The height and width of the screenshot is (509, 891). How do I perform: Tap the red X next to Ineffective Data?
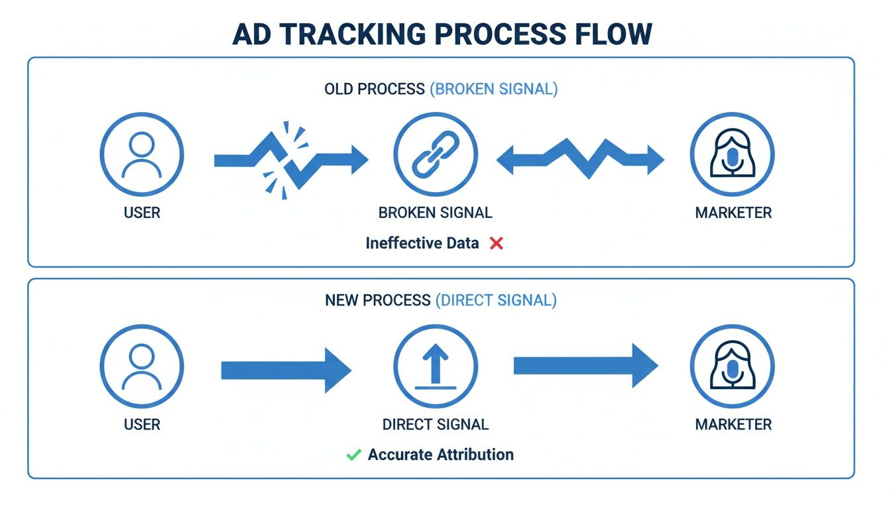[496, 243]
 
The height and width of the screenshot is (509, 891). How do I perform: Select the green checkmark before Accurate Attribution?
[353, 455]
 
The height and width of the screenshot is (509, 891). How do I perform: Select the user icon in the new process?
[142, 366]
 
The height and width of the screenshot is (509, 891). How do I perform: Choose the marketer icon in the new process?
[732, 366]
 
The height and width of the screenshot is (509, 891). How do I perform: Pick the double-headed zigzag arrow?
[580, 159]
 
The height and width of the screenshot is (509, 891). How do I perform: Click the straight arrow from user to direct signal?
[286, 370]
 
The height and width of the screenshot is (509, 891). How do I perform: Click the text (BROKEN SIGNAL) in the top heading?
[494, 89]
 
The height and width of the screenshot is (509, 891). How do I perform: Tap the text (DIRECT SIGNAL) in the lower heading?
[496, 300]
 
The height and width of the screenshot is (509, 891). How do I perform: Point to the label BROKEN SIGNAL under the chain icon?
[435, 213]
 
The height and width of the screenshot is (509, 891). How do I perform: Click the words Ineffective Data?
[422, 243]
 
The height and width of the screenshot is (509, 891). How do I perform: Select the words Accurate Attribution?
[440, 455]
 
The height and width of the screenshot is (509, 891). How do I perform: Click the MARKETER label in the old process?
[733, 213]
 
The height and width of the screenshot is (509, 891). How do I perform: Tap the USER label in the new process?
[142, 424]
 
